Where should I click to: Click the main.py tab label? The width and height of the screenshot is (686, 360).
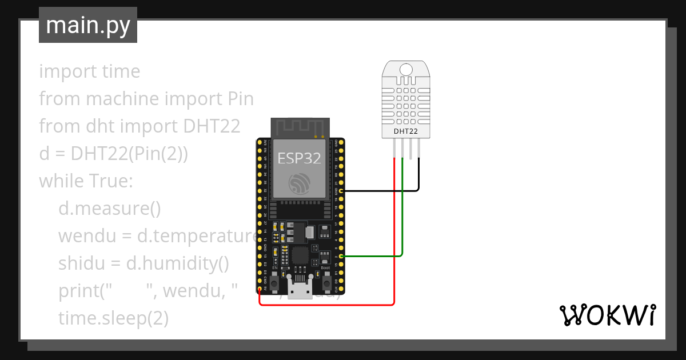(x=87, y=25)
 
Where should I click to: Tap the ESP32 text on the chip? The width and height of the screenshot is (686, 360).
(x=299, y=158)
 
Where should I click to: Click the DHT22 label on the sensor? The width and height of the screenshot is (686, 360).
(x=405, y=131)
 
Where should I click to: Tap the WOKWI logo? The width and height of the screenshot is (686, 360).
(x=607, y=315)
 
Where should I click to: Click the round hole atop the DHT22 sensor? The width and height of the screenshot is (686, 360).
(x=406, y=69)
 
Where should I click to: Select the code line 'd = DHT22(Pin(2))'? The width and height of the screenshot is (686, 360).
(x=113, y=154)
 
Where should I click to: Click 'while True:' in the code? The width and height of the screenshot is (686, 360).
(x=86, y=181)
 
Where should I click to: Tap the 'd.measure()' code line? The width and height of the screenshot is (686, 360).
(x=110, y=209)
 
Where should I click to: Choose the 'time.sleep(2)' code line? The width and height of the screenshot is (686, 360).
(x=113, y=318)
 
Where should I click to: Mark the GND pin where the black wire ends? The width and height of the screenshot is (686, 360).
(x=341, y=190)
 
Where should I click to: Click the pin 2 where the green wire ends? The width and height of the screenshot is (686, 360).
(x=341, y=257)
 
